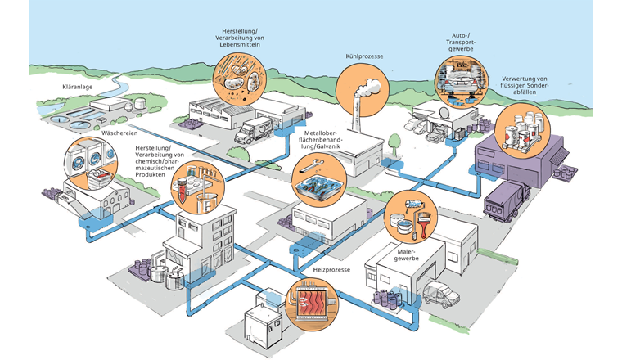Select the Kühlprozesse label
365,56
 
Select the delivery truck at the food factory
254,129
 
